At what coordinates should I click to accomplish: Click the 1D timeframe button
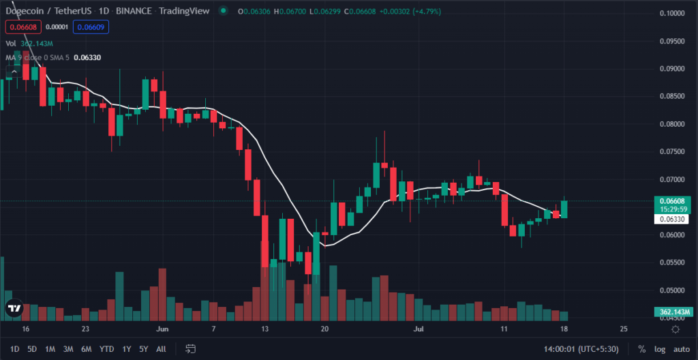click(x=14, y=349)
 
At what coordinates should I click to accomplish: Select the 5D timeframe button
click(x=32, y=349)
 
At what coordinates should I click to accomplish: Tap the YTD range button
click(x=106, y=349)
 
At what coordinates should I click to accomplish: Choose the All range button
click(x=161, y=349)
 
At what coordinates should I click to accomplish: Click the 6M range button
click(x=86, y=349)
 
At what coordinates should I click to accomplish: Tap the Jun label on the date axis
click(x=162, y=329)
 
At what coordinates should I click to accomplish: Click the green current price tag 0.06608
click(x=672, y=201)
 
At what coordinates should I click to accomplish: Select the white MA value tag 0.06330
click(x=672, y=220)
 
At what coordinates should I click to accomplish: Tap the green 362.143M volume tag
click(x=671, y=312)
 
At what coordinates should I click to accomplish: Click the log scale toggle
click(x=659, y=349)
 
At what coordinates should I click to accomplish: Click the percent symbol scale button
click(x=641, y=349)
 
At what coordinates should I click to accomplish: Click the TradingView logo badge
click(x=14, y=309)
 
